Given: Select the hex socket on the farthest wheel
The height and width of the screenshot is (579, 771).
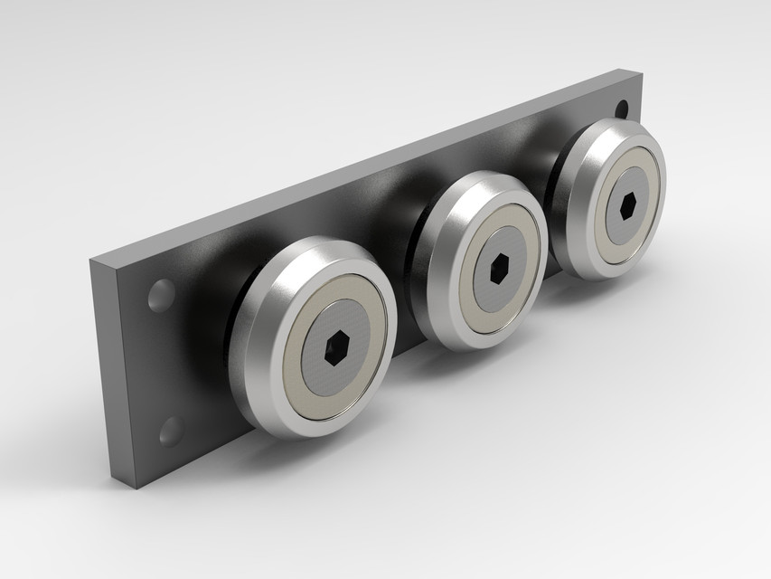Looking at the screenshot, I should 629,204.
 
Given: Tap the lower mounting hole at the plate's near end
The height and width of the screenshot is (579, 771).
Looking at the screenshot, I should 170,430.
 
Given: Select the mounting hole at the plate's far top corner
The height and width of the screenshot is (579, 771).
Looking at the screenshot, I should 622,109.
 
